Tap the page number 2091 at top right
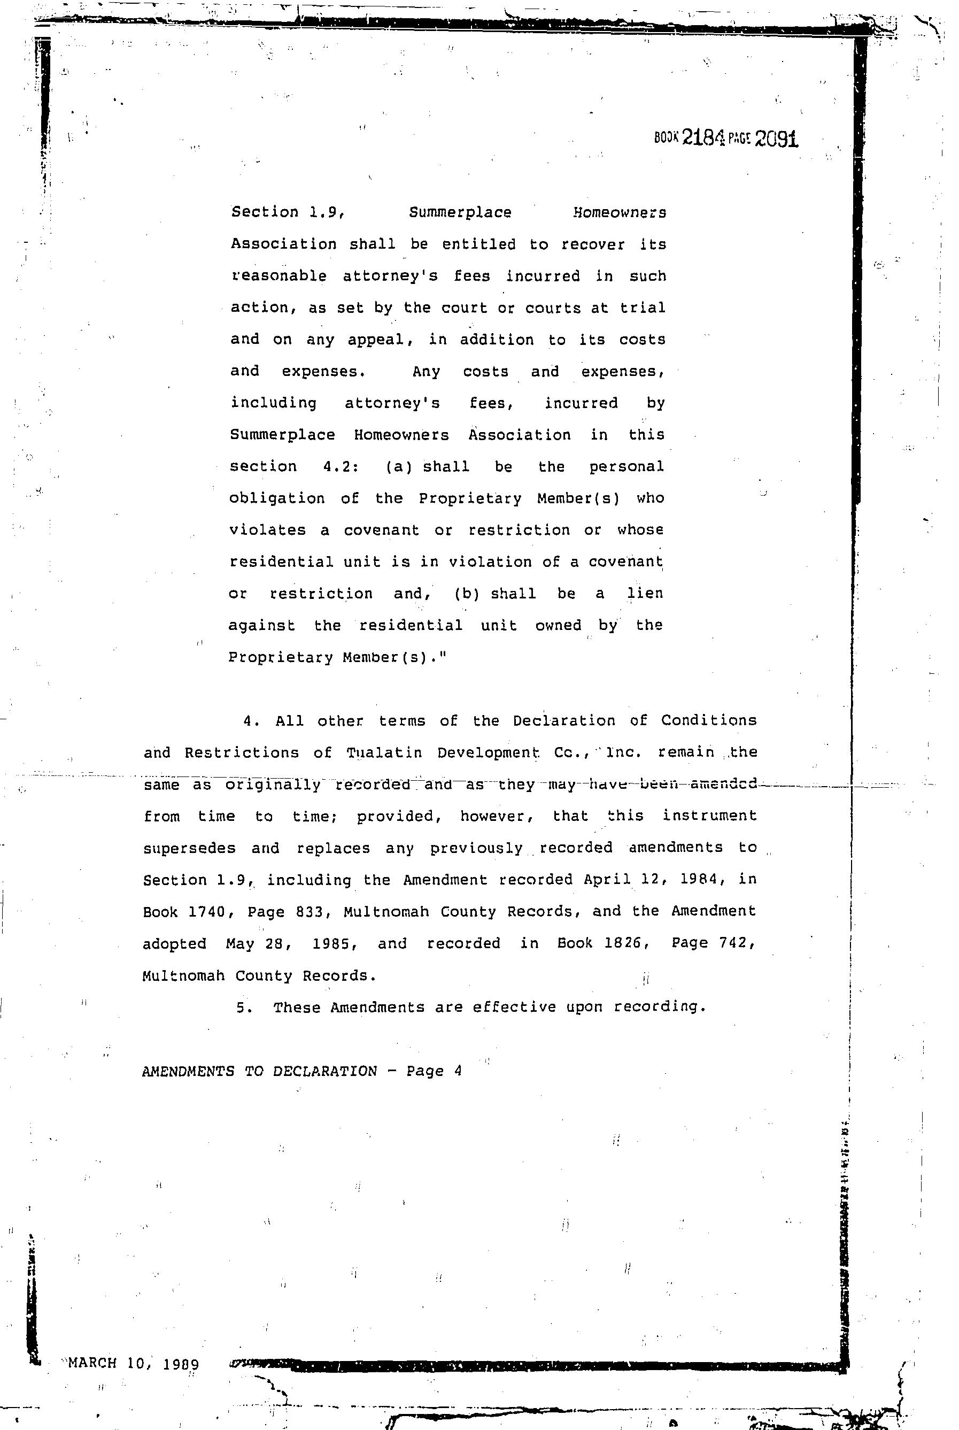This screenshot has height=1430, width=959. click(x=776, y=139)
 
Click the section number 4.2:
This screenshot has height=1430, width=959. click(x=340, y=466)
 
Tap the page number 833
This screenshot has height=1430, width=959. click(x=313, y=912)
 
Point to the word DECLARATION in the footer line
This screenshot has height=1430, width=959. click(x=325, y=1071)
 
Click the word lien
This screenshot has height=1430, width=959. click(x=645, y=593)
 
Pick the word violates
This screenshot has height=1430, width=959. click(x=267, y=530)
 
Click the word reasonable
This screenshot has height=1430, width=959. click(x=279, y=276)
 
